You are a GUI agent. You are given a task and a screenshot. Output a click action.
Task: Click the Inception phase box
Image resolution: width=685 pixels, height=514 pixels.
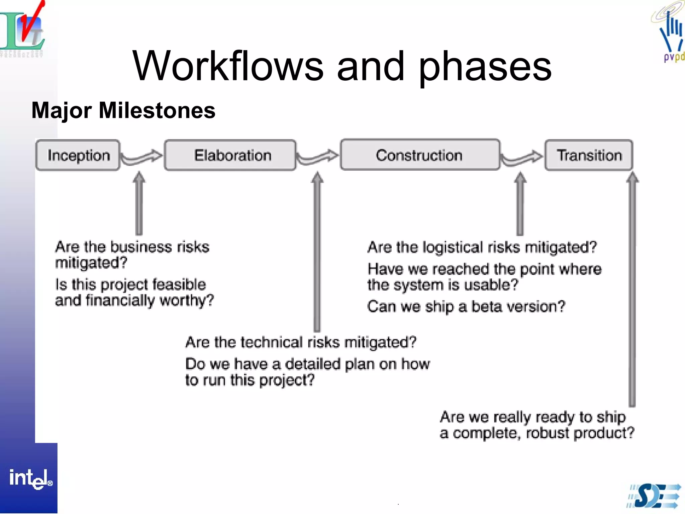click(78, 155)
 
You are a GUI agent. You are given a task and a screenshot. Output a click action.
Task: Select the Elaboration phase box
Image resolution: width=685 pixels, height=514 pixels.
click(230, 155)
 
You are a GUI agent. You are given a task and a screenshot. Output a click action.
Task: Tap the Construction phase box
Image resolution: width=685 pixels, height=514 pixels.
click(420, 155)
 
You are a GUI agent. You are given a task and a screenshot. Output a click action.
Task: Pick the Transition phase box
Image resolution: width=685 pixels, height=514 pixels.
click(589, 155)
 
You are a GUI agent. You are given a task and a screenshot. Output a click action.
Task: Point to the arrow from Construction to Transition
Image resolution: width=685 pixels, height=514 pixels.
click(522, 157)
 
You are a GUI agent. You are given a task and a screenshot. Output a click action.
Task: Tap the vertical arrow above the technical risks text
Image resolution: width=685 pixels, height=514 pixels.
click(317, 251)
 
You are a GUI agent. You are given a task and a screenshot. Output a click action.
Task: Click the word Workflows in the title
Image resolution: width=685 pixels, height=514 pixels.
click(228, 66)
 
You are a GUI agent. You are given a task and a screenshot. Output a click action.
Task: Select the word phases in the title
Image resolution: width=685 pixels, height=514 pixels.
click(485, 67)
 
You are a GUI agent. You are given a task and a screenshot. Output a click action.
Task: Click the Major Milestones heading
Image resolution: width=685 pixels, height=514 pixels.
click(123, 110)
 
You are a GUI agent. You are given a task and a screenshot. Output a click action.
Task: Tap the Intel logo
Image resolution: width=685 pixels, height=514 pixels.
click(30, 479)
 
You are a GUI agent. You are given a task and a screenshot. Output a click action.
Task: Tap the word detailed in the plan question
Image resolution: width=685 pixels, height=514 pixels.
click(312, 364)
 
